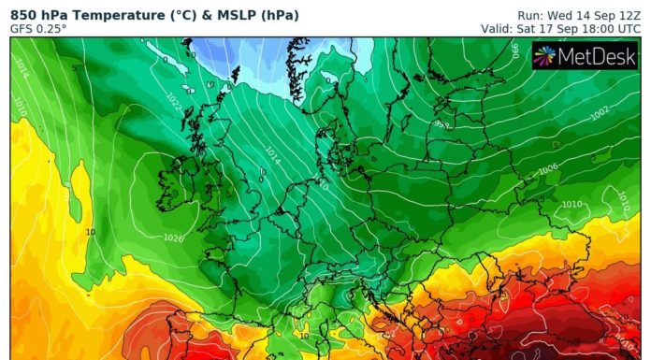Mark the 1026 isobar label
[173, 238]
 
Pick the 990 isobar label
[516, 51]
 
